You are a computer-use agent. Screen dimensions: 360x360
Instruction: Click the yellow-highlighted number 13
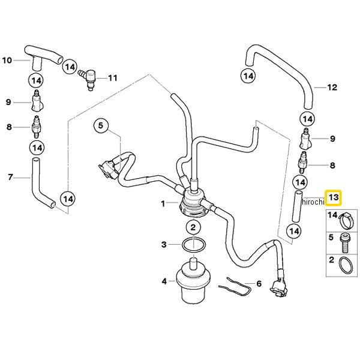coord(334,197)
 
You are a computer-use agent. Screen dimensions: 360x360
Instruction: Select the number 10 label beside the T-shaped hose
coord(7,61)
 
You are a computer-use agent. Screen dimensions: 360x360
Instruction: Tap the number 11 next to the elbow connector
coord(113,78)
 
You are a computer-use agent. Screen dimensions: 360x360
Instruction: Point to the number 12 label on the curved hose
coord(332,87)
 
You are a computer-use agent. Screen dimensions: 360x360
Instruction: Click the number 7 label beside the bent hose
coord(10,177)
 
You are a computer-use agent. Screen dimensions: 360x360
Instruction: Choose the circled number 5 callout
coord(101,125)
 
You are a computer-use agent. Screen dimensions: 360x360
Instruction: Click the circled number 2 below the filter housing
coord(193,227)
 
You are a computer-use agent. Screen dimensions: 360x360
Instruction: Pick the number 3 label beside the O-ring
coord(164,245)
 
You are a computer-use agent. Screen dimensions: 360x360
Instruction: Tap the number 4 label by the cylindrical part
coord(164,281)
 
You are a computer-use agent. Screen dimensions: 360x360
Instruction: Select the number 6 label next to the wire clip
coord(259,284)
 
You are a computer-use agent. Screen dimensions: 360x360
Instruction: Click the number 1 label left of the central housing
coord(163,203)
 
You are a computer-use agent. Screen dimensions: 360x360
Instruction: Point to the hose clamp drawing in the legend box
coord(347,220)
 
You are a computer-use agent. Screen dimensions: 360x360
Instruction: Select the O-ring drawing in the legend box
coord(346,265)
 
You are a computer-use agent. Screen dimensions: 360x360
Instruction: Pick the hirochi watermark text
coord(313,202)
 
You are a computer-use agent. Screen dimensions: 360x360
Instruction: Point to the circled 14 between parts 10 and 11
coord(70,67)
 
